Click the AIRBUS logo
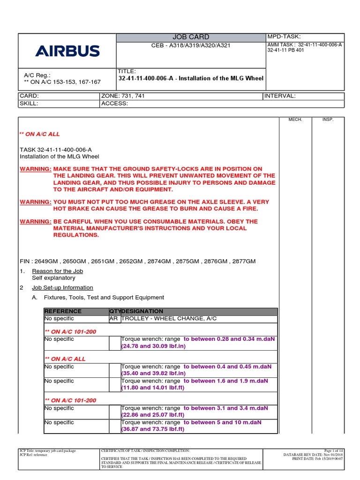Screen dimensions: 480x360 pyautogui.click(x=67, y=51)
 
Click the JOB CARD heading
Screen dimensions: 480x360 pyautogui.click(x=191, y=37)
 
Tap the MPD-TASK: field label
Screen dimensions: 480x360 pyautogui.click(x=284, y=37)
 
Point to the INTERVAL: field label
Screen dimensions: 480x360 pyautogui.click(x=280, y=96)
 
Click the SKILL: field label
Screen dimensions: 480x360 pyautogui.click(x=29, y=104)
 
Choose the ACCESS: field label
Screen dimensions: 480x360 pyautogui.click(x=114, y=104)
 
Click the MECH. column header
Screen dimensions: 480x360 pyautogui.click(x=295, y=120)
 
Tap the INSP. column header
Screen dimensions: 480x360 pyautogui.click(x=328, y=120)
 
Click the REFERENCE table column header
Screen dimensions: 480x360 pyautogui.click(x=63, y=311)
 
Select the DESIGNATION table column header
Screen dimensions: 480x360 pyautogui.click(x=142, y=311)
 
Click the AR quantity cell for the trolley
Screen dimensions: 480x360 pyautogui.click(x=114, y=319)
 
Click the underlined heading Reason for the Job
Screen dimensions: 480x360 pyautogui.click(x=57, y=271)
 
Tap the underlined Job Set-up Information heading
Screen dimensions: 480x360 pyautogui.click(x=62, y=287)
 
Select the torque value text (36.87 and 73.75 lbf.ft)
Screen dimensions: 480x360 pyautogui.click(x=153, y=429)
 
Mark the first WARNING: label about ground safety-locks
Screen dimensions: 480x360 pyautogui.click(x=35, y=169)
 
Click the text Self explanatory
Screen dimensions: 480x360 pyautogui.click(x=53, y=278)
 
